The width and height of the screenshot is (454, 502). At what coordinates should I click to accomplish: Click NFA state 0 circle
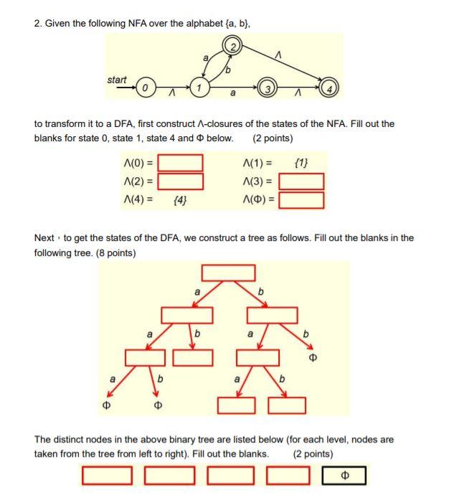145,87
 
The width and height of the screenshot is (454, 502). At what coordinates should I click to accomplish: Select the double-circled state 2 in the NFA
233,49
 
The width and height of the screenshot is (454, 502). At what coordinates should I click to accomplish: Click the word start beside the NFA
118,80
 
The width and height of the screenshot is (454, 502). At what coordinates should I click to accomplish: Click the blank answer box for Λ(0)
180,163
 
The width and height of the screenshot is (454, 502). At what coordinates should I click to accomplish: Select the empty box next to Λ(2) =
180,181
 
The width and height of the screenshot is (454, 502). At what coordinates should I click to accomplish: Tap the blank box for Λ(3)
301,181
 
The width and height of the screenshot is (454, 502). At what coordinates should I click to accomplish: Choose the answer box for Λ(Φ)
301,199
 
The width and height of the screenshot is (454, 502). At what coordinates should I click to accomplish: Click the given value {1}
302,163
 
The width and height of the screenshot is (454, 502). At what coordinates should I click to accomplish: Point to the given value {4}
181,199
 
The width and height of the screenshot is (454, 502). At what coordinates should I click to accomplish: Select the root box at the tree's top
228,273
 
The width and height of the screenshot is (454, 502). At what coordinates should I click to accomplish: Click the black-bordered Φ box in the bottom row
344,475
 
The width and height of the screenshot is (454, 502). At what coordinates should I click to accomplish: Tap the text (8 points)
115,253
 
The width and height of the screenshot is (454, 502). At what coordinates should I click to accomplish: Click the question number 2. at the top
39,23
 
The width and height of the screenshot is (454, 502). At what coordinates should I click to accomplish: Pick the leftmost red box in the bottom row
107,475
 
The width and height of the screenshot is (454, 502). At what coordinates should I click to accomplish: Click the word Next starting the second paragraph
45,238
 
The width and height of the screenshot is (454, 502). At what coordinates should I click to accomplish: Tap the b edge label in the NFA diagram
228,70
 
